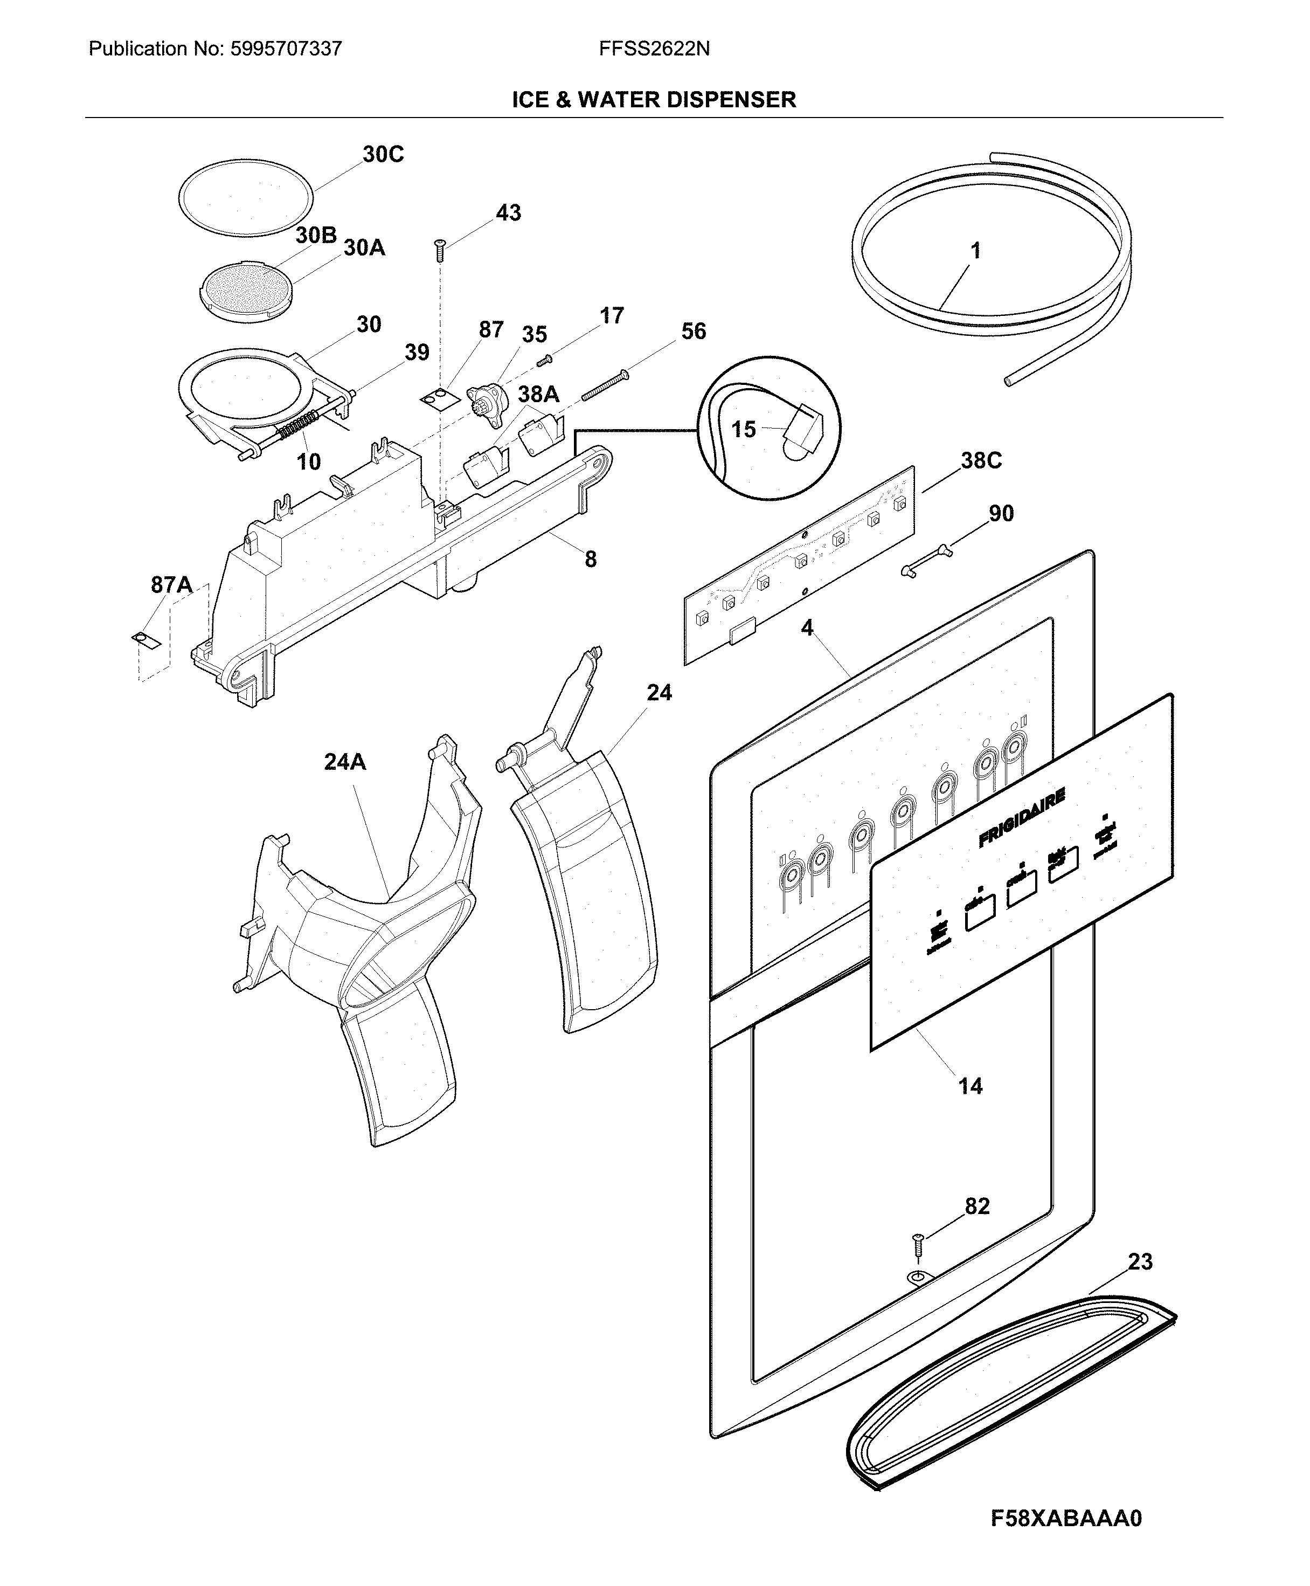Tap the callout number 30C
click(383, 155)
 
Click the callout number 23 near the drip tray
click(1140, 1261)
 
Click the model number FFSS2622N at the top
click(654, 49)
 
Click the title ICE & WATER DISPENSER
click(654, 100)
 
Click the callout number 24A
click(345, 762)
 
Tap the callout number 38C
click(981, 460)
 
